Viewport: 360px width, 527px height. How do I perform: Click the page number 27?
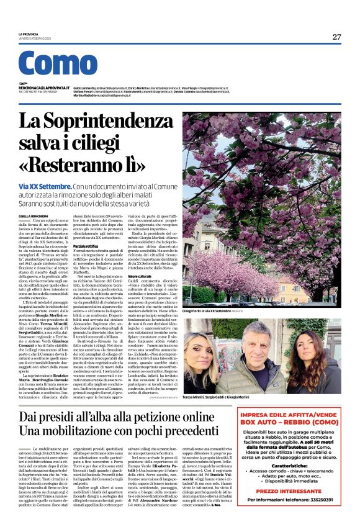[336, 37]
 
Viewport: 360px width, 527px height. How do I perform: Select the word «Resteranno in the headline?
[87, 166]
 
